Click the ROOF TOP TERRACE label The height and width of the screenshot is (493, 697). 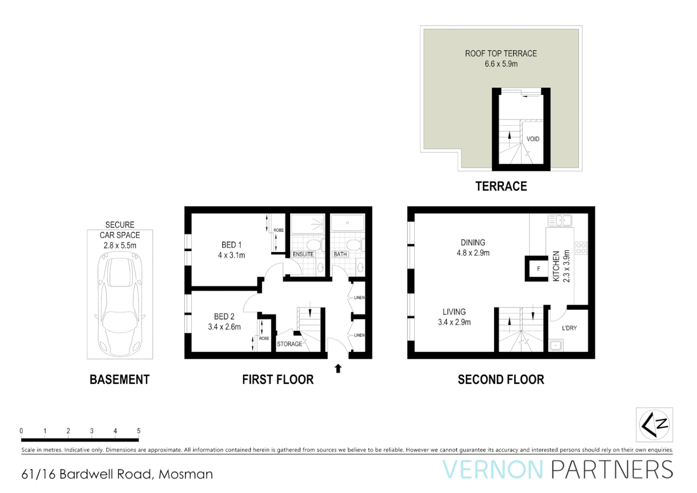tap(500, 53)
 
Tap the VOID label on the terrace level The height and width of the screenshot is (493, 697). tap(532, 139)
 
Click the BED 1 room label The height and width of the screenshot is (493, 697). tap(231, 245)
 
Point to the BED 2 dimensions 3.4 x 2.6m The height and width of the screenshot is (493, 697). tap(224, 327)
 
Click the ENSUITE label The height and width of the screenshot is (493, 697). tap(303, 254)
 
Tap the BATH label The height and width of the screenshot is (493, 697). tap(340, 254)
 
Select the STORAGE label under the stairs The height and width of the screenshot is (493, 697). tap(289, 344)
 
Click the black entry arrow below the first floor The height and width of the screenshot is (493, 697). tap(338, 368)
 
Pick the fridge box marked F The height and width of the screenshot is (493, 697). tap(538, 269)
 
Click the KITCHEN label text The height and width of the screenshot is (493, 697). tap(556, 266)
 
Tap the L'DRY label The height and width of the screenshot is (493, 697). tap(569, 328)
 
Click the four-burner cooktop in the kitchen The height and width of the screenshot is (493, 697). tap(581, 248)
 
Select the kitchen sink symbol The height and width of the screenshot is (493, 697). tap(560, 221)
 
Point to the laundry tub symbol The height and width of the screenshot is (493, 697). tap(556, 346)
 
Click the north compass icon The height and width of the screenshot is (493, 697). tap(654, 425)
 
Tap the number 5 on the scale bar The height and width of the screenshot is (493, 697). tap(139, 431)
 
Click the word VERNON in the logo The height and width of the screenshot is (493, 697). tap(493, 470)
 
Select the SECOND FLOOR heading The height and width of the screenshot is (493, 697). tap(500, 380)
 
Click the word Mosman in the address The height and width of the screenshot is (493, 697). tap(186, 474)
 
